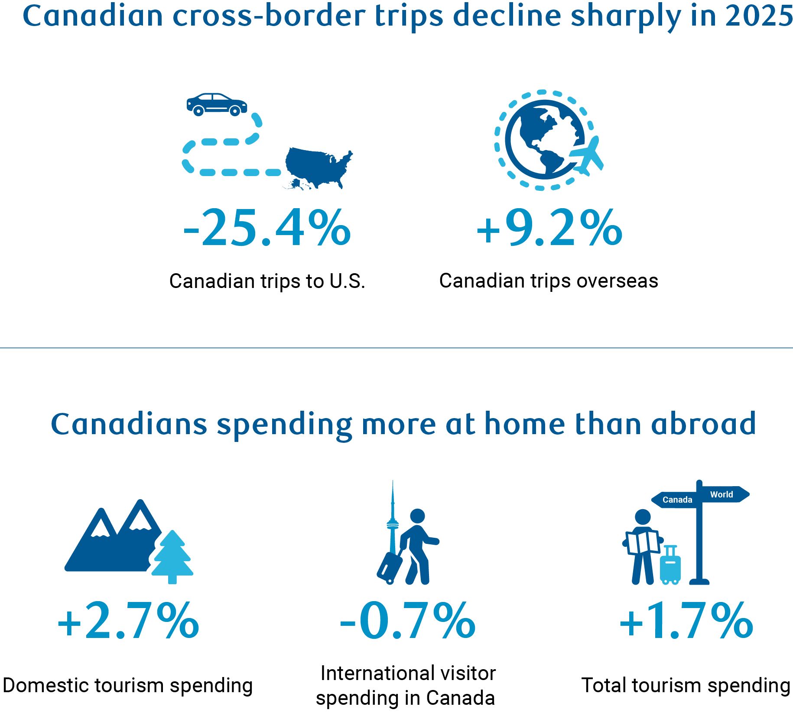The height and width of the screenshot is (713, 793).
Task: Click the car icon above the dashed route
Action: (x=217, y=105)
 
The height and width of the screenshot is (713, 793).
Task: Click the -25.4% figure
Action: (x=267, y=228)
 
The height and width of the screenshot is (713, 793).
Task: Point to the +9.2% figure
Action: (x=549, y=228)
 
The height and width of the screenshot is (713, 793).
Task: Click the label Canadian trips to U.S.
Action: (x=267, y=281)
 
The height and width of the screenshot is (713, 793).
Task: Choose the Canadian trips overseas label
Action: (x=549, y=281)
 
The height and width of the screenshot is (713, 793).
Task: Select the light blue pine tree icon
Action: (x=172, y=557)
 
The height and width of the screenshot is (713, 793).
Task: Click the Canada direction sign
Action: (x=674, y=500)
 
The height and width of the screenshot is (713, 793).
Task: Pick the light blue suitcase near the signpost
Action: (x=670, y=565)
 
